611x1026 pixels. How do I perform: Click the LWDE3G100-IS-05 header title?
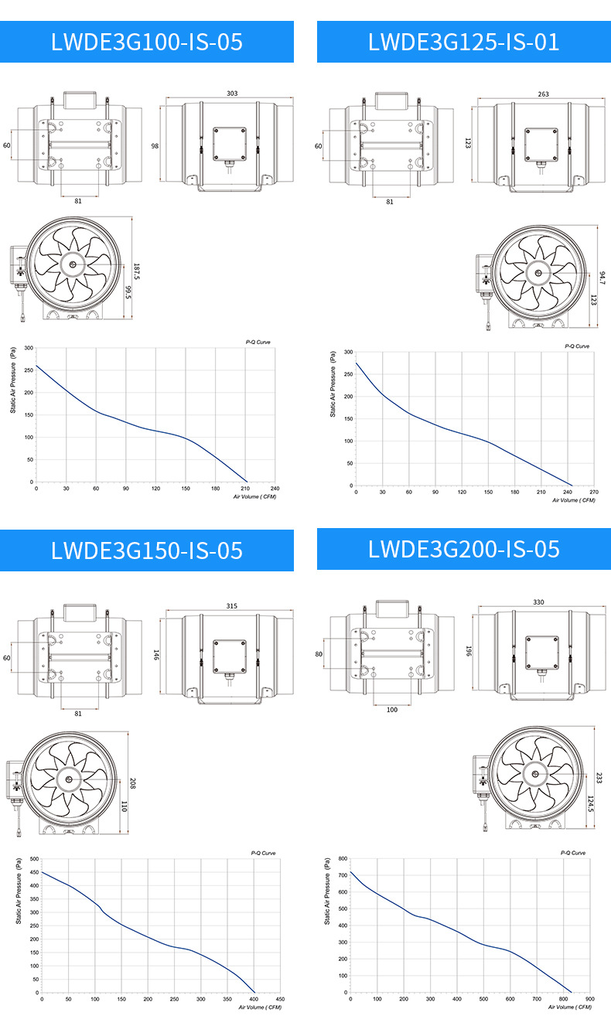point(147,42)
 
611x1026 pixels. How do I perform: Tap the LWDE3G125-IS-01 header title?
point(463,42)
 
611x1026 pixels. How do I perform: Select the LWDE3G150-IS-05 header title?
point(147,550)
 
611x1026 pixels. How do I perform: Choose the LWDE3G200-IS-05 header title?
point(463,549)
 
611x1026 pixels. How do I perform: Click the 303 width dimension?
point(232,94)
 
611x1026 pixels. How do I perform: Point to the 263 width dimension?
point(543,94)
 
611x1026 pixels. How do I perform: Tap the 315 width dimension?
point(232,606)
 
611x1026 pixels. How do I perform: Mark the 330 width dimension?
point(538,602)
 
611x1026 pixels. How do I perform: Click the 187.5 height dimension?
point(136,271)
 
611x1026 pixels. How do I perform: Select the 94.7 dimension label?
point(602,278)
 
